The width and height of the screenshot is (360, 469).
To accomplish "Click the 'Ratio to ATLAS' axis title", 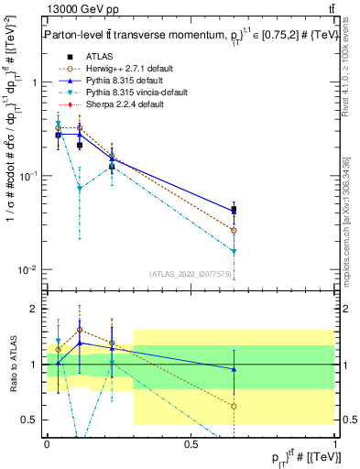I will click(x=12, y=365).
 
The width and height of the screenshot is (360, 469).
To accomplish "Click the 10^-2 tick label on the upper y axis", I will click(x=28, y=269).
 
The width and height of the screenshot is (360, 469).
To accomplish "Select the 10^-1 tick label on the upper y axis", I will click(x=28, y=175).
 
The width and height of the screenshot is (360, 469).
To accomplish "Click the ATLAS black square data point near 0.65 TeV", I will click(x=235, y=210).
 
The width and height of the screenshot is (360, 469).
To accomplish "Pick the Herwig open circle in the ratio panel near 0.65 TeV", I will click(x=235, y=406).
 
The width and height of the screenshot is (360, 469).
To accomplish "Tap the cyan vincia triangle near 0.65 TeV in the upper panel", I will click(x=235, y=251).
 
